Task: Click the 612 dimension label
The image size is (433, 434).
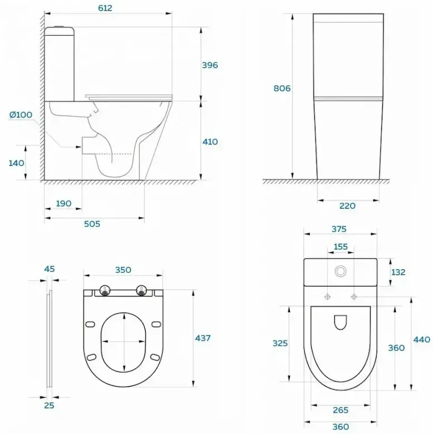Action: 105,8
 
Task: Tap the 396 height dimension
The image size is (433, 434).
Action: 210,65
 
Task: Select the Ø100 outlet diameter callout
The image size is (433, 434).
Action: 21,115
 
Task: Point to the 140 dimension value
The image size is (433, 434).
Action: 16,163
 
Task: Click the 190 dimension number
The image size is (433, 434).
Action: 64,203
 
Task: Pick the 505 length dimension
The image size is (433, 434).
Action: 92,223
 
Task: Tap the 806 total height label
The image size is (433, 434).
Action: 282,88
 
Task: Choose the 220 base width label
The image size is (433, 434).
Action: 347,206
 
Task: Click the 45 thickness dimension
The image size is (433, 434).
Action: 50,269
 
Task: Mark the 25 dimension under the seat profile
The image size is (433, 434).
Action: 49,405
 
